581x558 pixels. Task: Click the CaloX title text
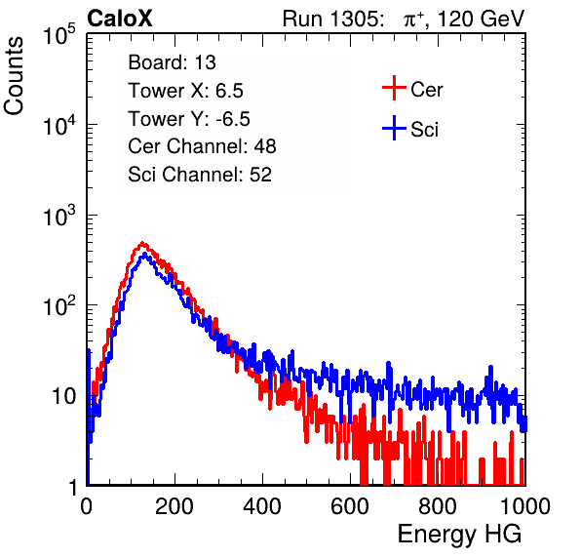(120, 19)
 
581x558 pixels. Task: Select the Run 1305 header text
(333, 19)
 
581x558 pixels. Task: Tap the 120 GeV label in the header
(481, 19)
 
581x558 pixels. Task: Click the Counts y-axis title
(14, 76)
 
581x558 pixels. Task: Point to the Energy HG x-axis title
(459, 534)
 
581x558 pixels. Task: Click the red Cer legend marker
(394, 88)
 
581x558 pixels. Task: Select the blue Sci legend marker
(394, 129)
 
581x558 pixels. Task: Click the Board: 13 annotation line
(172, 62)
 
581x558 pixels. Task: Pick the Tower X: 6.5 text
(185, 91)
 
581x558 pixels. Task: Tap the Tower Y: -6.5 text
(189, 119)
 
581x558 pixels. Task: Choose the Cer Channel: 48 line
(202, 146)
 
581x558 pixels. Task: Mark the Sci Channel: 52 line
(200, 175)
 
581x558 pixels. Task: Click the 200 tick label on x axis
(174, 506)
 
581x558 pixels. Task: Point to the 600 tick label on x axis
(350, 506)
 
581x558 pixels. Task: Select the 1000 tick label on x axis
(525, 506)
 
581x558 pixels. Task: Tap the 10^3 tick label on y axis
(59, 216)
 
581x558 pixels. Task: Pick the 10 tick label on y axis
(64, 396)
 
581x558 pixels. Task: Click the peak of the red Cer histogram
(142, 243)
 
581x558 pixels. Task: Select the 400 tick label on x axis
(262, 506)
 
